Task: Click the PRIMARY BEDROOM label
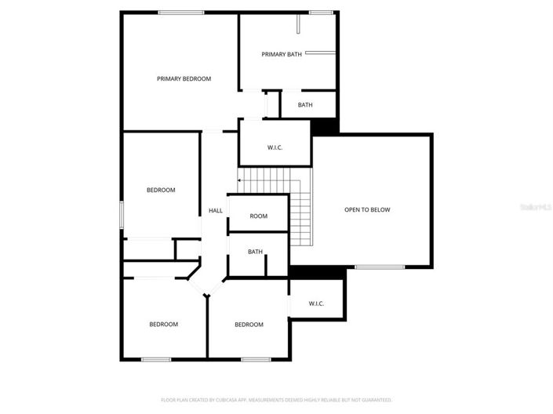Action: (x=184, y=78)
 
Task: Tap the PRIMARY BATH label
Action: (x=282, y=54)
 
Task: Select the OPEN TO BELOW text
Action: (x=367, y=209)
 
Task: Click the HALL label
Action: (x=215, y=210)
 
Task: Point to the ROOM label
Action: (x=258, y=216)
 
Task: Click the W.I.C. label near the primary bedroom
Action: (x=275, y=147)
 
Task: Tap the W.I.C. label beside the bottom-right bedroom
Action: (x=316, y=303)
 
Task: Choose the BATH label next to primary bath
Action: (x=305, y=104)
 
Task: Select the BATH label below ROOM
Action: (x=255, y=252)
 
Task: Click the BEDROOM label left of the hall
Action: (x=161, y=190)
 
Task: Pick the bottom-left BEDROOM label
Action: (x=164, y=324)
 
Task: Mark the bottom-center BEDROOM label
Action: (x=249, y=324)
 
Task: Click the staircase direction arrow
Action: (x=239, y=180)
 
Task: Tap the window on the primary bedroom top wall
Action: (x=181, y=12)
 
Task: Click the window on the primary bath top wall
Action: (x=319, y=12)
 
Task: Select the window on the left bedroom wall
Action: (x=122, y=215)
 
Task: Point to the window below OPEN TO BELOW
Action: (x=380, y=267)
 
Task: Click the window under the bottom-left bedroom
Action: (x=156, y=359)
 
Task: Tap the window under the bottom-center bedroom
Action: (x=256, y=359)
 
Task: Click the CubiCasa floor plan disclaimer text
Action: (x=276, y=399)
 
